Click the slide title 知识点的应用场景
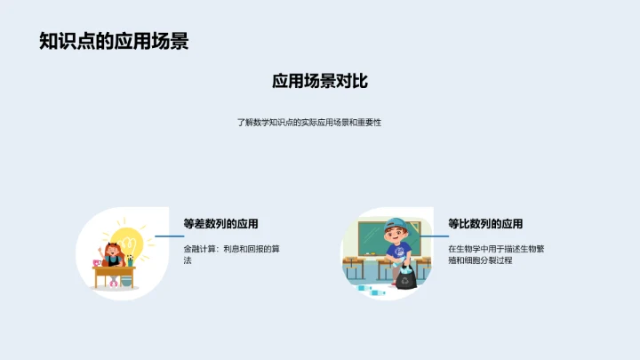click(114, 41)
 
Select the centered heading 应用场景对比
click(320, 82)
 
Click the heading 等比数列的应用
click(485, 223)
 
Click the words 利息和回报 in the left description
click(245, 249)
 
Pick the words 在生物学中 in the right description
click(468, 249)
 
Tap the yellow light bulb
click(130, 240)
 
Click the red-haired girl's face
click(114, 252)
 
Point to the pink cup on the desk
click(97, 262)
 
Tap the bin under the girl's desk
click(125, 281)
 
